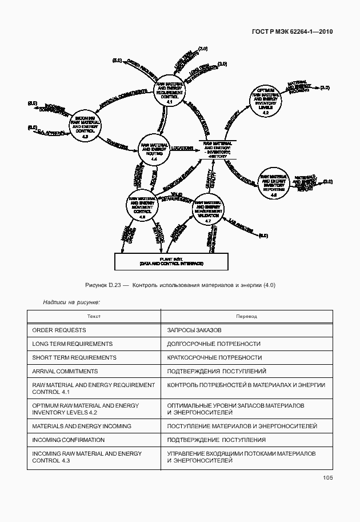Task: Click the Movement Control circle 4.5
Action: coord(142,206)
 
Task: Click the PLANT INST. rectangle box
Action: coord(163,261)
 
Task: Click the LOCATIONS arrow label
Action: coord(182,148)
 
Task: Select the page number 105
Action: coord(327,478)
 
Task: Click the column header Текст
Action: coord(94,316)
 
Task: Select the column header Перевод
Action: coord(246,316)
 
